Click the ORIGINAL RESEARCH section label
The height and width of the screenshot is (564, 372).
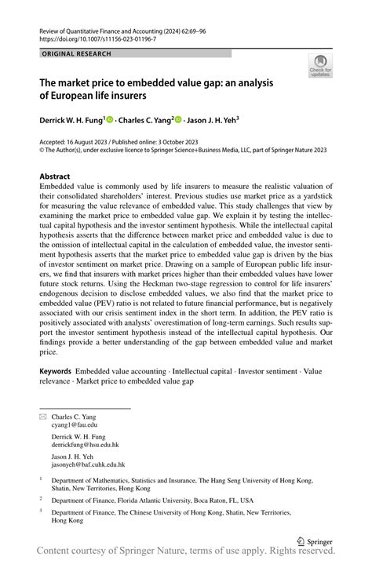click(x=76, y=53)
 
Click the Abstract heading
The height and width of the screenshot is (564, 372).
click(x=54, y=176)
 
